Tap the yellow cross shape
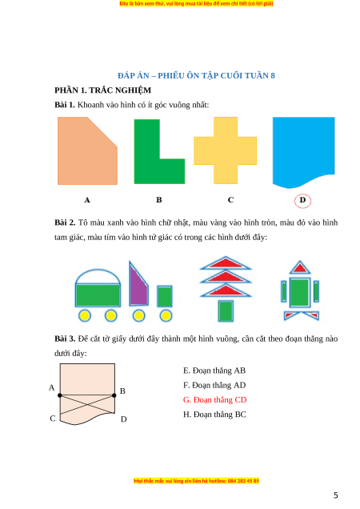point(226,150)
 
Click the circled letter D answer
point(302,200)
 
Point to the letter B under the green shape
point(158,199)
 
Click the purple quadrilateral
point(138,286)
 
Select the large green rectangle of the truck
point(98,295)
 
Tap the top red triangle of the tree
point(226,263)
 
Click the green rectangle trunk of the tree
point(226,311)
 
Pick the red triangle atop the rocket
point(300,267)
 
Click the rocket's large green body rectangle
point(300,292)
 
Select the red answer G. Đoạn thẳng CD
point(215,400)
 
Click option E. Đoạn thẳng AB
point(214,371)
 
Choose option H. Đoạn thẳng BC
point(214,415)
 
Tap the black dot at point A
point(60,395)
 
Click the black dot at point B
point(114,395)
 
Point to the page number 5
point(336,495)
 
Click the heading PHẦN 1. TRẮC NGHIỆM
point(103,90)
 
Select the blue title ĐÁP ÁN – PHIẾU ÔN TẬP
point(196,76)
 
